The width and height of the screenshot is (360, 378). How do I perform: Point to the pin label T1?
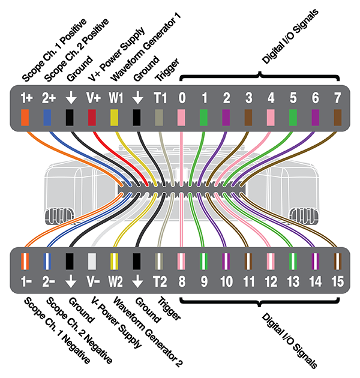pos(160,98)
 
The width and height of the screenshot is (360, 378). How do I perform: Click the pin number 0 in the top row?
pos(182,98)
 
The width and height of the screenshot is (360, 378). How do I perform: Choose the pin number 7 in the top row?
pos(337,98)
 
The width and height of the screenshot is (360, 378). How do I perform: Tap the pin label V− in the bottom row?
pos(92,281)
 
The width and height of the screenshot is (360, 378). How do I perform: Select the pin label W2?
pos(115,281)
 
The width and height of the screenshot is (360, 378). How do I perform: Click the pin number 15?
pos(337,281)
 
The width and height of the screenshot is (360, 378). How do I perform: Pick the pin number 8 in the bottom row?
pos(182,281)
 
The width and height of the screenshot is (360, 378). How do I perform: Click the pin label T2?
pos(160,281)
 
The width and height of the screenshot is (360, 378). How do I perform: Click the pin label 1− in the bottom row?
pos(25,281)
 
